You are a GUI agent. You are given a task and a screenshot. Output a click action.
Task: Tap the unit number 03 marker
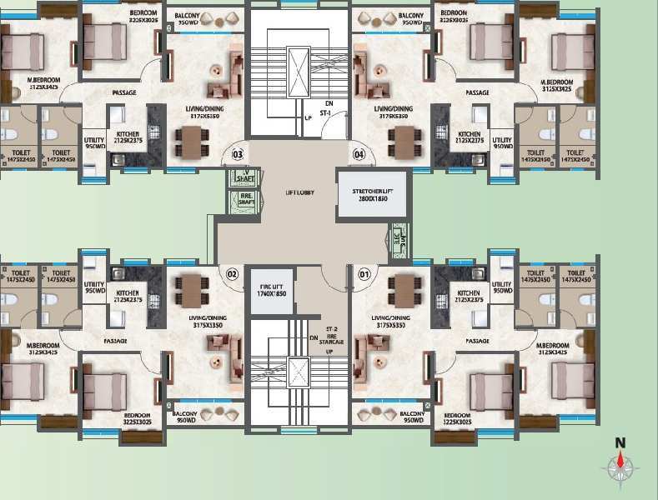tap(238, 153)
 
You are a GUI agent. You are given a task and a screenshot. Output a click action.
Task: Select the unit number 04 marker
tap(359, 153)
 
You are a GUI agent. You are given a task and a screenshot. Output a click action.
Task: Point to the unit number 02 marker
tap(234, 273)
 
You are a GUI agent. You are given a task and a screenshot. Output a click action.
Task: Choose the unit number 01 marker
tap(364, 273)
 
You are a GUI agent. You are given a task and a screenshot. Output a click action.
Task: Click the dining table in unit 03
tap(190, 142)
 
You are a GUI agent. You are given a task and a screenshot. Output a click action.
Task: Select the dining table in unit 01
tap(405, 288)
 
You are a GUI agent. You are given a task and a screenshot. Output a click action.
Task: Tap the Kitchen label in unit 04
tap(469, 138)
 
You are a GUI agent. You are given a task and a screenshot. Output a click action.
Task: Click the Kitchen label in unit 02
tap(128, 297)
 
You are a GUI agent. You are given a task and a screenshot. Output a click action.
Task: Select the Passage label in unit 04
tap(477, 92)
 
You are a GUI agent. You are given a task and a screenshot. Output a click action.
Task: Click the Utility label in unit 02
tap(94, 288)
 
